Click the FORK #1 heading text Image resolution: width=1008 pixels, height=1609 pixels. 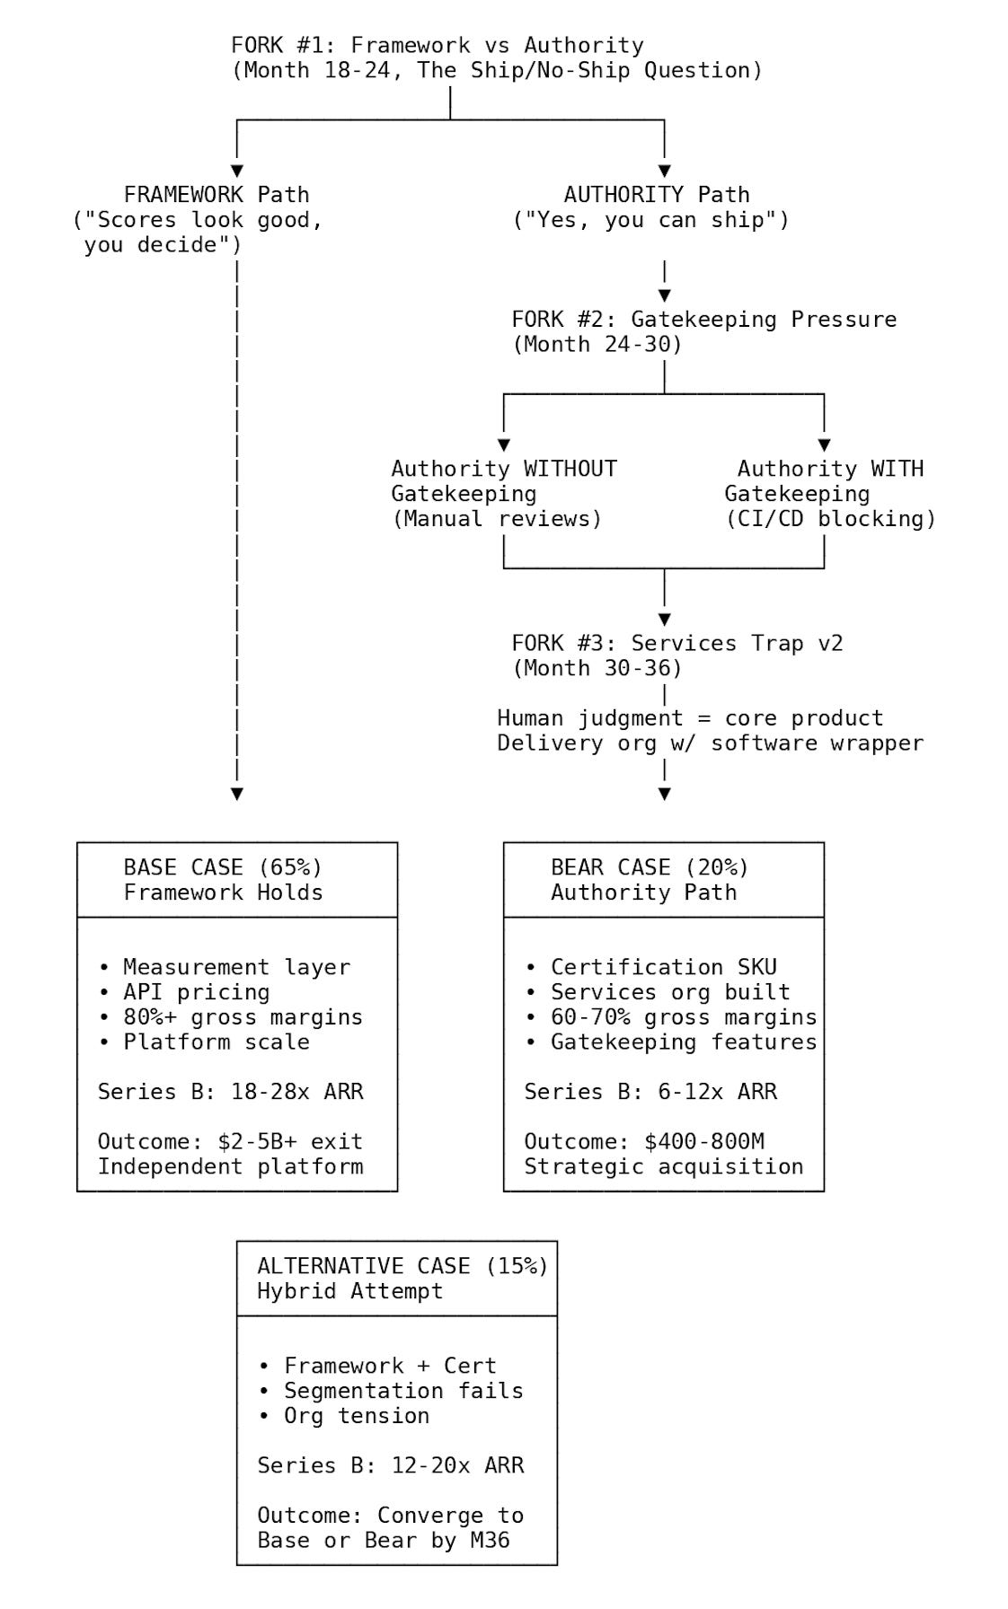click(x=437, y=46)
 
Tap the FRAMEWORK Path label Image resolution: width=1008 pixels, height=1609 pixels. click(x=216, y=195)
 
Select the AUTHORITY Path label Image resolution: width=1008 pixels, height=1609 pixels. click(x=656, y=195)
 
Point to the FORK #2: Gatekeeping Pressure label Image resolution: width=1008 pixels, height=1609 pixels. click(x=703, y=320)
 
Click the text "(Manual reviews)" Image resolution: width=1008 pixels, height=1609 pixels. click(x=497, y=519)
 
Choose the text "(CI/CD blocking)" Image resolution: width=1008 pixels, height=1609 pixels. click(x=830, y=519)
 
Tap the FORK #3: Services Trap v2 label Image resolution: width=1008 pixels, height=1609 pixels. click(x=676, y=644)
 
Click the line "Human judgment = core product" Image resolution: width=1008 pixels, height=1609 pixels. click(x=690, y=718)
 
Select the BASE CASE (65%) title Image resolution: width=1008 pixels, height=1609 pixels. click(x=223, y=867)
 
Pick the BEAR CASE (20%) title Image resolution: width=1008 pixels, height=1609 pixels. click(x=650, y=867)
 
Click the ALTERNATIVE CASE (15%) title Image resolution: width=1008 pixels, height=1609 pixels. click(x=402, y=1266)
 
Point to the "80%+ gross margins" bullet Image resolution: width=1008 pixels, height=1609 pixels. click(x=243, y=1017)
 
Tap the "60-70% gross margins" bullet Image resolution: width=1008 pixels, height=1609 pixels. click(x=683, y=1017)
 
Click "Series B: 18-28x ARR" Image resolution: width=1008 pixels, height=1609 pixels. click(x=230, y=1092)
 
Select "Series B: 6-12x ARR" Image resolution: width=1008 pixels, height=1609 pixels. click(x=650, y=1092)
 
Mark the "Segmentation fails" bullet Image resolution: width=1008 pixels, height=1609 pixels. click(x=402, y=1391)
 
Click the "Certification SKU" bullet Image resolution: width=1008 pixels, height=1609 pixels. click(x=663, y=967)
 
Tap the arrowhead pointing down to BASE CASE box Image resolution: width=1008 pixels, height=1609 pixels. click(x=237, y=794)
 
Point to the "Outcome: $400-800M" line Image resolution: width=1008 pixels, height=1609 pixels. click(x=643, y=1142)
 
